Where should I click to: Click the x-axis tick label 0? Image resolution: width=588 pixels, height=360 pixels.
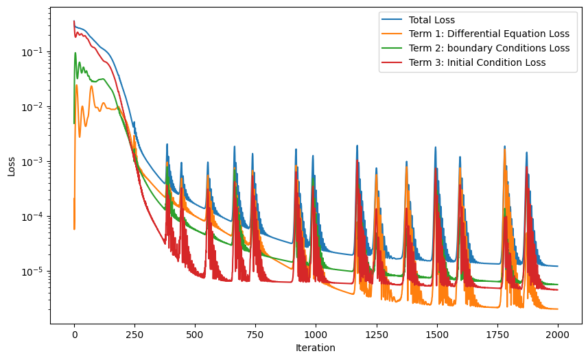74,335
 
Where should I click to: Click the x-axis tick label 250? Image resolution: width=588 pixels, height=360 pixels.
134,335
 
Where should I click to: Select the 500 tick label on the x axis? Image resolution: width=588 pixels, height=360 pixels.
195,335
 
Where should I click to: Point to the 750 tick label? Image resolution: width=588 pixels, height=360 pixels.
255,335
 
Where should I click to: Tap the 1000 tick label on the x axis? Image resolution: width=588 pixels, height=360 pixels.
316,335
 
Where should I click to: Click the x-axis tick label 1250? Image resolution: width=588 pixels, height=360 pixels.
376,335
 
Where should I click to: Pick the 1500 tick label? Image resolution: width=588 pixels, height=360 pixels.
436,335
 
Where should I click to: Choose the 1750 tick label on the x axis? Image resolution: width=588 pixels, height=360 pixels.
497,335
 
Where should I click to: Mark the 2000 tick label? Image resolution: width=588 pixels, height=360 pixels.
557,335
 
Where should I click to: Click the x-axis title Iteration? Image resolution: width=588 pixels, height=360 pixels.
316,348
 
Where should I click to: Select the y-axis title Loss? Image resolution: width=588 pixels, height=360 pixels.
12,165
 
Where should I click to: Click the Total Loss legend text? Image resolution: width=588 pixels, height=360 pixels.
432,20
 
